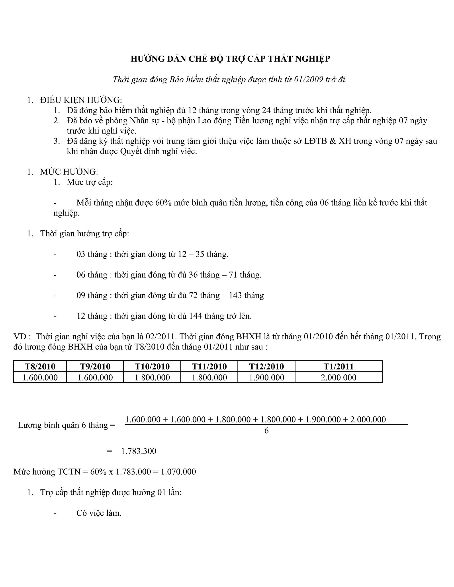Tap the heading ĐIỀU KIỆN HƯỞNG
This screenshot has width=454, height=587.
click(81, 100)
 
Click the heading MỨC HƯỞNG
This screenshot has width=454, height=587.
click(69, 172)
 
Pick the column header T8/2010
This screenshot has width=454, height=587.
click(40, 367)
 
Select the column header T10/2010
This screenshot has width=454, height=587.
click(152, 367)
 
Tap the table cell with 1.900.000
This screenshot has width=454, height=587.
click(266, 378)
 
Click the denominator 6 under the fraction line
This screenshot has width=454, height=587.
click(266, 431)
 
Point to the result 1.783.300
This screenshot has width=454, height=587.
click(139, 451)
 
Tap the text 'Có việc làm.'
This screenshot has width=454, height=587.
click(99, 513)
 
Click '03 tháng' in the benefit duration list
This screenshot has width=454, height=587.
click(92, 254)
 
